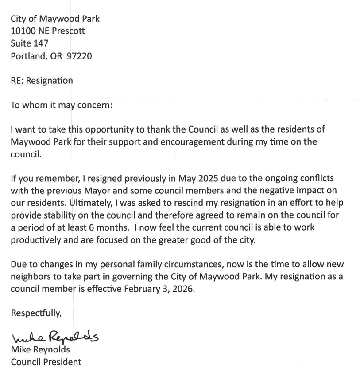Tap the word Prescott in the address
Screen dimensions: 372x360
click(x=69, y=31)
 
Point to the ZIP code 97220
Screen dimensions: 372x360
click(x=79, y=56)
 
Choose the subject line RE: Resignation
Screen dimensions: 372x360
click(x=42, y=81)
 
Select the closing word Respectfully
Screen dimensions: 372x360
click(x=36, y=313)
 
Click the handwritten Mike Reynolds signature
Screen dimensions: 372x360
click(x=55, y=338)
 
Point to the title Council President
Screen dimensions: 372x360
click(x=46, y=362)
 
